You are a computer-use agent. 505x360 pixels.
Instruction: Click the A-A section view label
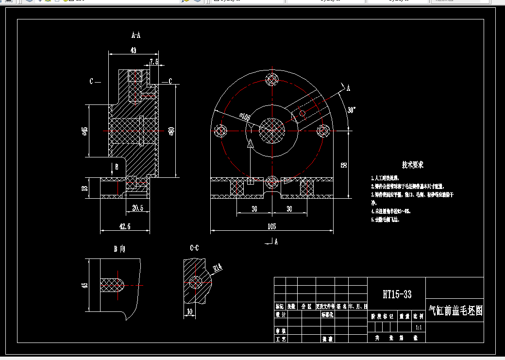tap(136, 35)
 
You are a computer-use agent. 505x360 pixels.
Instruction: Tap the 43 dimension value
tap(133, 50)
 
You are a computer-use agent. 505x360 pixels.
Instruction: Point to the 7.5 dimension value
tap(154, 62)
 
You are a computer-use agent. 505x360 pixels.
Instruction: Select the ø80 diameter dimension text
tap(171, 131)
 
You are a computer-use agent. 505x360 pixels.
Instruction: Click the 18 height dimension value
tap(85, 188)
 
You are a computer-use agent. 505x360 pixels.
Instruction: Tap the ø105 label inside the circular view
tap(244, 117)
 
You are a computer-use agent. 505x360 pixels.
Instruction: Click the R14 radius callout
tap(218, 267)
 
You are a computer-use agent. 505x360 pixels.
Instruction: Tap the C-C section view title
tap(194, 248)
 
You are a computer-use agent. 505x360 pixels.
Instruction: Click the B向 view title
tap(119, 249)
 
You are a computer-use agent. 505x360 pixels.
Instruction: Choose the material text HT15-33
tap(397, 294)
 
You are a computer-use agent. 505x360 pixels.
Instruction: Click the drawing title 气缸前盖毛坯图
tap(455, 311)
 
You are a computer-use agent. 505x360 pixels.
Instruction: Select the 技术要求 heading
tap(413, 165)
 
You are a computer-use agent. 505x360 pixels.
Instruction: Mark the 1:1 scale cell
tap(418, 327)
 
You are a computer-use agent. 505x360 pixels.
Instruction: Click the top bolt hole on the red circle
tap(272, 79)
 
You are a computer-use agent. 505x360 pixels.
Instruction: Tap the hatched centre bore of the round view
tap(272, 130)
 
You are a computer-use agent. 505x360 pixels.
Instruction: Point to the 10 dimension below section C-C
tap(189, 311)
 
